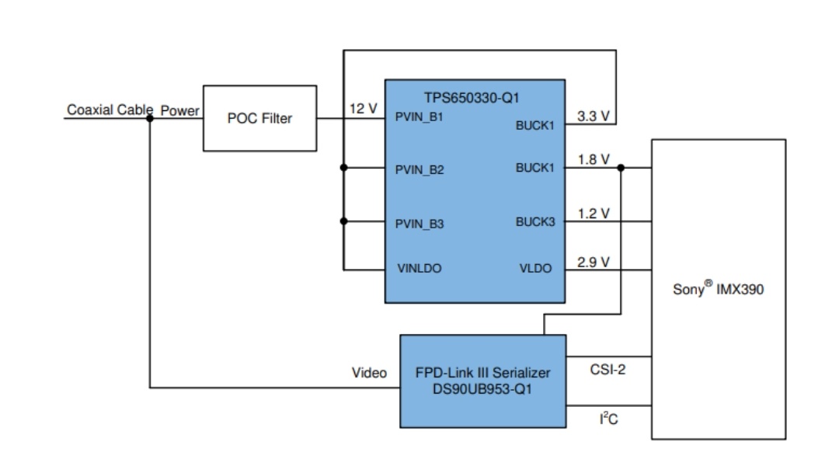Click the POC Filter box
(259, 118)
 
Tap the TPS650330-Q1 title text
(472, 99)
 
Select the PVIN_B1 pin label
(419, 117)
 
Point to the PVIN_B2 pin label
(419, 170)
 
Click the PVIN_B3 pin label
(419, 224)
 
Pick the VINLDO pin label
(419, 269)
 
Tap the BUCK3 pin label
(535, 222)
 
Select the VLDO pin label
(535, 269)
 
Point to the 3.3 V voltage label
(594, 116)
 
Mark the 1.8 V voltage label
(594, 160)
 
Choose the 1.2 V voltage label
(594, 213)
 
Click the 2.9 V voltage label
(594, 262)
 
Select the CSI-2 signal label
(607, 370)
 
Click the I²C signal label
(608, 419)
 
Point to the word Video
(369, 374)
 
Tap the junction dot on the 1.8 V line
(621, 168)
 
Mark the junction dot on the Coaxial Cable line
(149, 119)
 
